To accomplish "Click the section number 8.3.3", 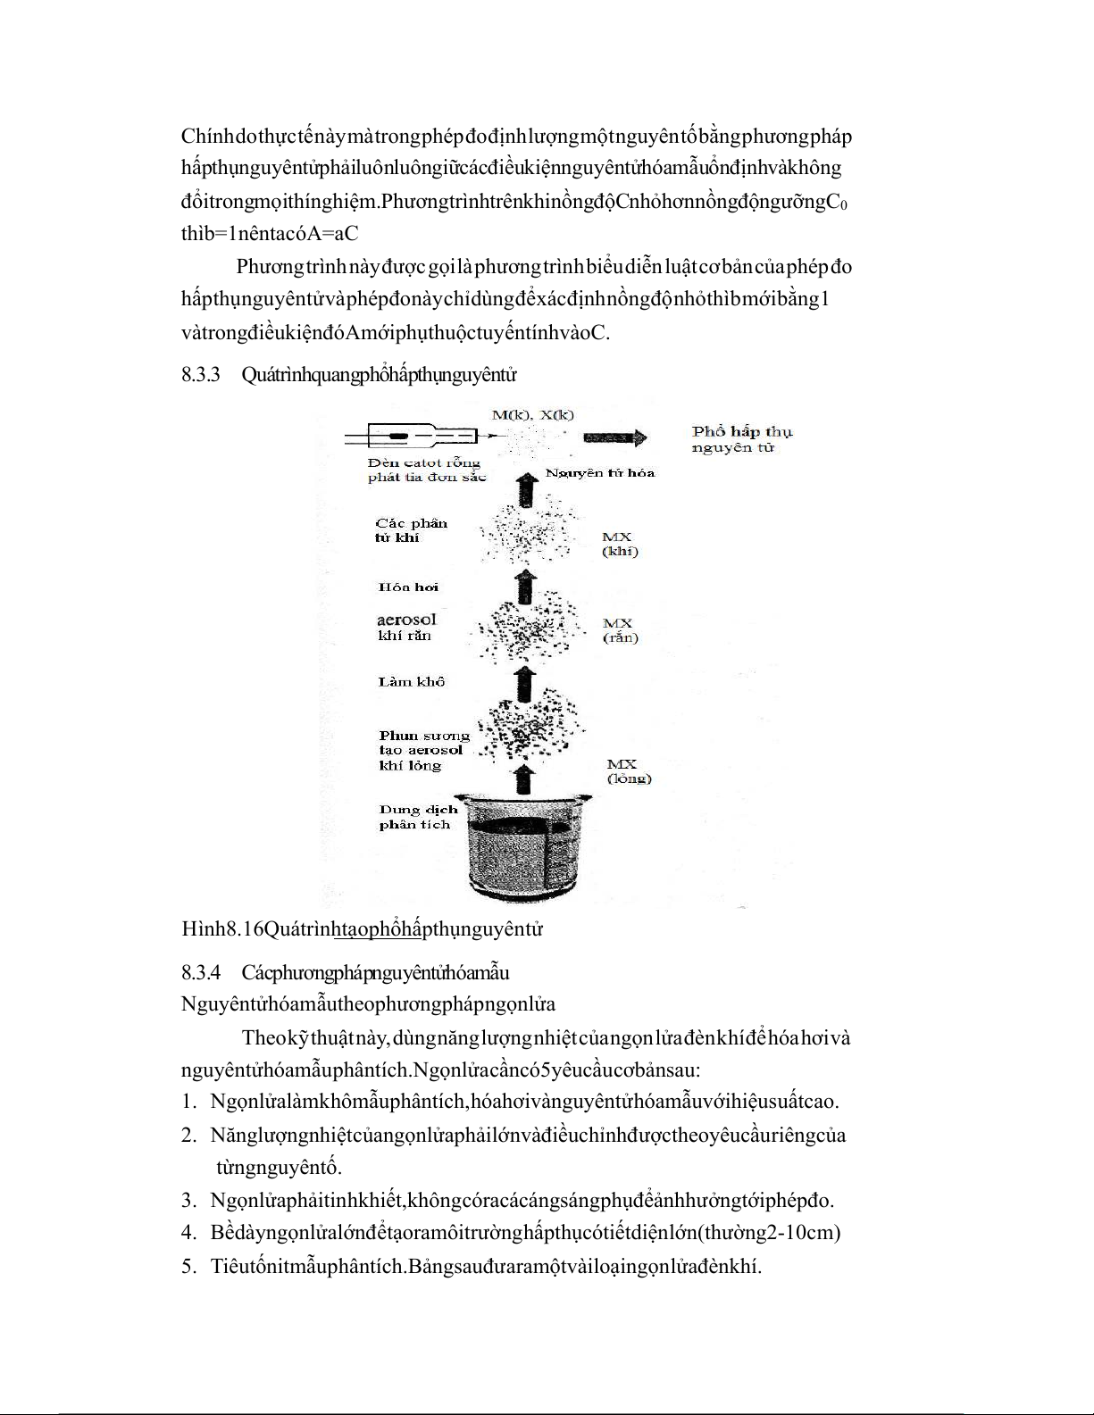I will click(x=200, y=375).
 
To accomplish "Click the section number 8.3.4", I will click(x=200, y=971).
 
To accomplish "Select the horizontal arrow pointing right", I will click(x=614, y=437).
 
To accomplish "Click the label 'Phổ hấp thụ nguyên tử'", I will click(x=741, y=439).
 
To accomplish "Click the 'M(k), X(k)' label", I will click(x=533, y=414).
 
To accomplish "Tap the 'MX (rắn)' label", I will click(x=620, y=630).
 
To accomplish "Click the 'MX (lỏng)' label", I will click(x=629, y=770).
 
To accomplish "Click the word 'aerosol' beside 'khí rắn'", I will click(x=406, y=619).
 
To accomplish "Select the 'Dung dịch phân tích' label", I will click(x=418, y=817).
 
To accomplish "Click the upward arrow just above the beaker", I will click(x=526, y=778).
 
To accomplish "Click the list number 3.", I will click(x=188, y=1200).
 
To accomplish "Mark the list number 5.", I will click(x=188, y=1266).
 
